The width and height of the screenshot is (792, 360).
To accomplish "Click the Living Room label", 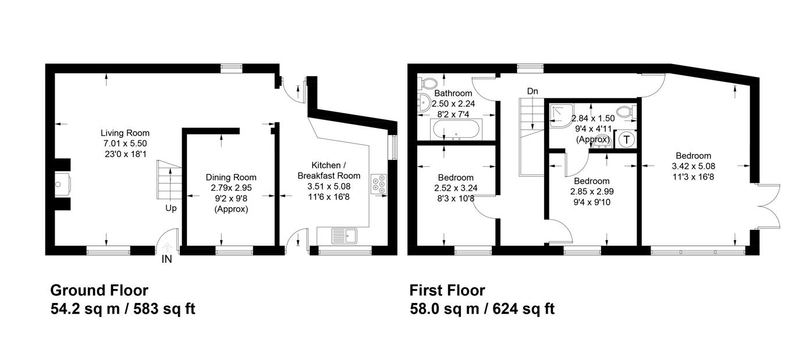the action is point(125,133).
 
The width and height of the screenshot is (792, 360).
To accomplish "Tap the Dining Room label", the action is point(231,177).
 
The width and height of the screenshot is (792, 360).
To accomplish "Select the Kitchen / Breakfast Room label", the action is point(329,170).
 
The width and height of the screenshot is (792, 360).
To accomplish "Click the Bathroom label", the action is point(453,93).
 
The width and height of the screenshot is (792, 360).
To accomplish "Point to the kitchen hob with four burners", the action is point(379,184).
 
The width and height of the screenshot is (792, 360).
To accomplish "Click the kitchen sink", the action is point(344,236).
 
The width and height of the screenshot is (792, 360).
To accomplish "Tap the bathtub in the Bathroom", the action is point(456,129).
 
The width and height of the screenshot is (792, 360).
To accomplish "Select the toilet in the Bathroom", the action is point(427,83).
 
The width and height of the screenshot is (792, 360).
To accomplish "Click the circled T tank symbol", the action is point(627,140).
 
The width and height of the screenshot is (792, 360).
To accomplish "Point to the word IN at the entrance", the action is point(166,259).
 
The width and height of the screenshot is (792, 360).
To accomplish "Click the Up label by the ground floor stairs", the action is point(171,208).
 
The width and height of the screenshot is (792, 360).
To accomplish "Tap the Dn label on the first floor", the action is point(532,91).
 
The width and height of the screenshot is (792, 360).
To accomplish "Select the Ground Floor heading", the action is point(100,290).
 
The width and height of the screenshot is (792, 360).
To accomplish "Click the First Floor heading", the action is point(448,290).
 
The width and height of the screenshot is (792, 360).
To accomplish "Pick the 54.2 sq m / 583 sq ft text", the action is point(123,309).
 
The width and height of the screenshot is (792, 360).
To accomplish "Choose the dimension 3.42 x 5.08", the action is point(693,166).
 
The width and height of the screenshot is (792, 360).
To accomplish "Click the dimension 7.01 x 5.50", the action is point(125,144).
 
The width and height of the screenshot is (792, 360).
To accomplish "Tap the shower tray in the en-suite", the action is point(562,115).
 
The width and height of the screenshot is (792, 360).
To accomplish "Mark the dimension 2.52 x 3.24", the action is point(456,188).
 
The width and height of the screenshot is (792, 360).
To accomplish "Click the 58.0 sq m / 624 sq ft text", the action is point(482,309).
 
